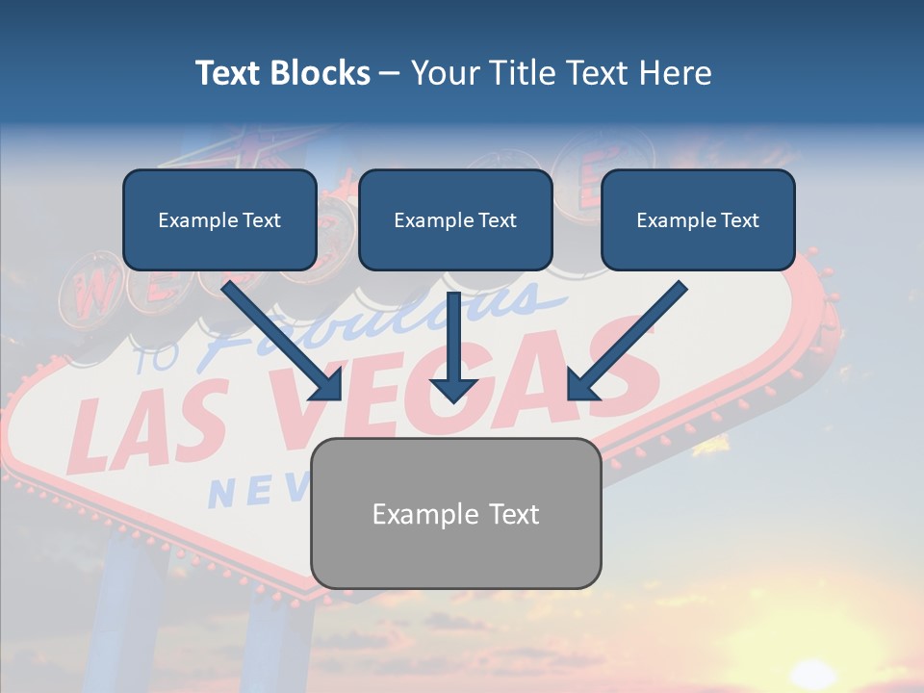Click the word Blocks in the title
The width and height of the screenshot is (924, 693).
pos(321,73)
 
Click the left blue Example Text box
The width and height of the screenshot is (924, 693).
pos(219,220)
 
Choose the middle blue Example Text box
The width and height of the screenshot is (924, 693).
pos(455,220)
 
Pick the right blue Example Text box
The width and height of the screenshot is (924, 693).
pos(698,220)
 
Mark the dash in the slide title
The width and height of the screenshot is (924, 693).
pos(390,74)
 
